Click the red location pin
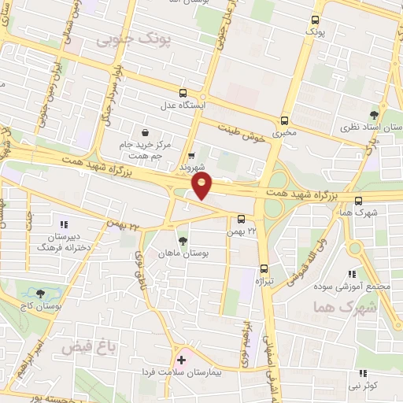[x=203, y=187]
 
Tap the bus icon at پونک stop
[x=316, y=20]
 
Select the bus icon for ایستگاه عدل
[x=183, y=91]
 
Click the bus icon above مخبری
[x=284, y=120]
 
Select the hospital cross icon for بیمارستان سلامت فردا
[x=182, y=360]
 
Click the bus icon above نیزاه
[x=264, y=268]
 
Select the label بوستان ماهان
[x=183, y=254]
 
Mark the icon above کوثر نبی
[x=363, y=373]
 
